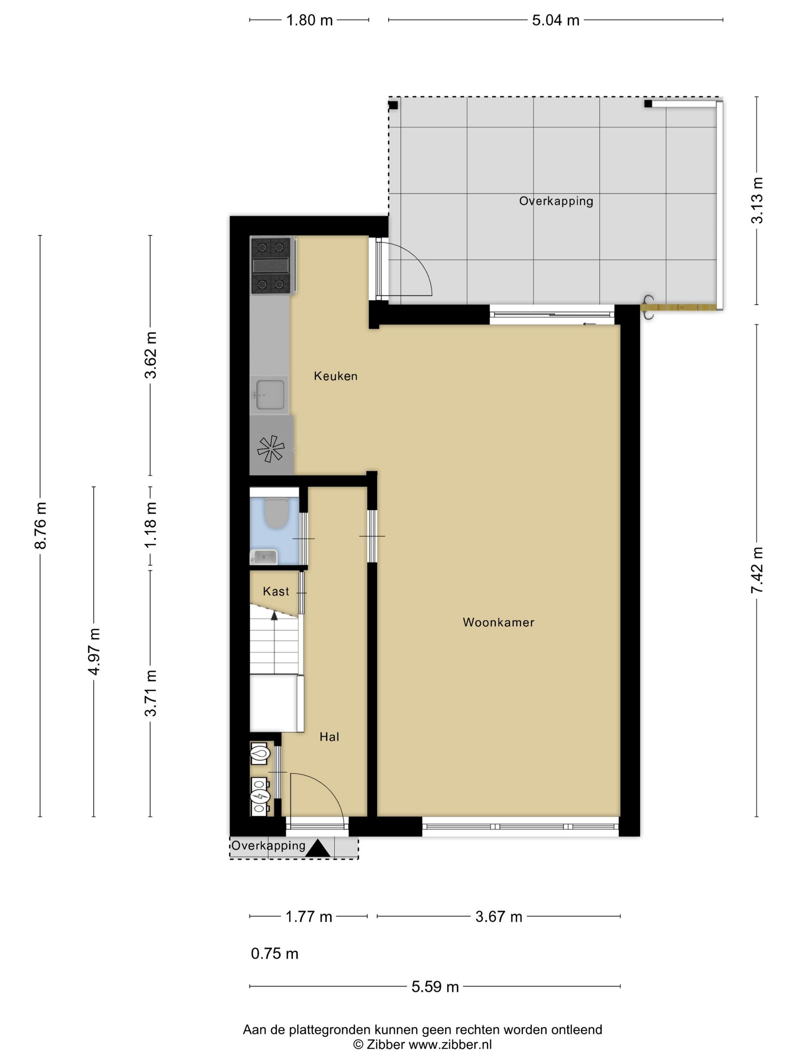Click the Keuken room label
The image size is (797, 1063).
(x=335, y=376)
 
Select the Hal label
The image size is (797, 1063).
(x=329, y=737)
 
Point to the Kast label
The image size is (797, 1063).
(x=276, y=591)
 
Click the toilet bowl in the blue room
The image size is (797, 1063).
(x=276, y=513)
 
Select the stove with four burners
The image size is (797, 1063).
(x=270, y=266)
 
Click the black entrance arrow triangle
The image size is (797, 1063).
(x=318, y=848)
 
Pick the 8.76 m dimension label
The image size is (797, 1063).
(x=40, y=525)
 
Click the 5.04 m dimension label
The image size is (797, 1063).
(x=555, y=20)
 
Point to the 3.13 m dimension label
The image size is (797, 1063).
(x=757, y=200)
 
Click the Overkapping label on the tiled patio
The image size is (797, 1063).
(x=556, y=201)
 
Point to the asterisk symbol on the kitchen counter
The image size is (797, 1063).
(x=271, y=448)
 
